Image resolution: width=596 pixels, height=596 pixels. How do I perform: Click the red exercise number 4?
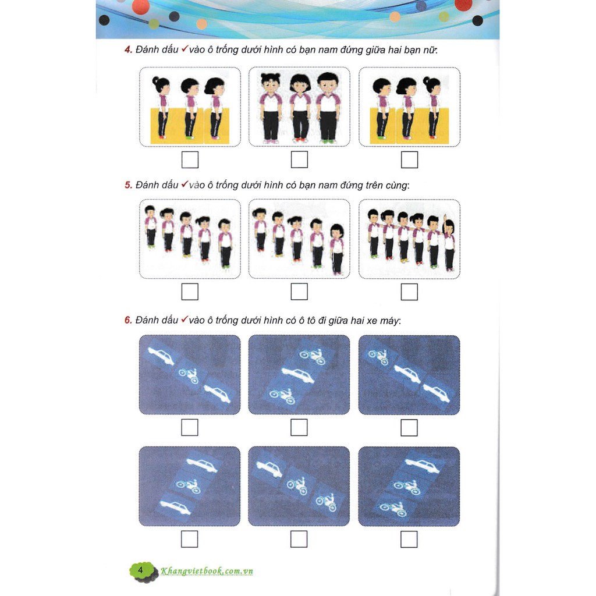(128, 50)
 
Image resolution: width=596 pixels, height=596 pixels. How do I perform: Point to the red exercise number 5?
(128, 185)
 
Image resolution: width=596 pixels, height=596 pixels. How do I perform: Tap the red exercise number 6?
(128, 320)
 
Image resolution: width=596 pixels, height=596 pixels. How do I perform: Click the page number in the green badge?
(140, 570)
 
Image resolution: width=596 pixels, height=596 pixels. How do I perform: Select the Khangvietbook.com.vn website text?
(207, 570)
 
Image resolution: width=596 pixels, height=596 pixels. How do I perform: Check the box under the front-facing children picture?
(299, 159)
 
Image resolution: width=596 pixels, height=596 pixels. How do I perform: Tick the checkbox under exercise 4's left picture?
(190, 160)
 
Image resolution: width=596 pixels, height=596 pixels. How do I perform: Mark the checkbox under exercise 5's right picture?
(409, 292)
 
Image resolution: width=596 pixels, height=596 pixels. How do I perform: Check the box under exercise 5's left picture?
(190, 292)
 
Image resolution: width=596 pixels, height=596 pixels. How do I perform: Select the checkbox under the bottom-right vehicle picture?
(409, 540)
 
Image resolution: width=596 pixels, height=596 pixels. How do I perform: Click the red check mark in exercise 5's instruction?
(185, 184)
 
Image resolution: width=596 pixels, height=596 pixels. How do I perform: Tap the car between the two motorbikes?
(298, 375)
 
